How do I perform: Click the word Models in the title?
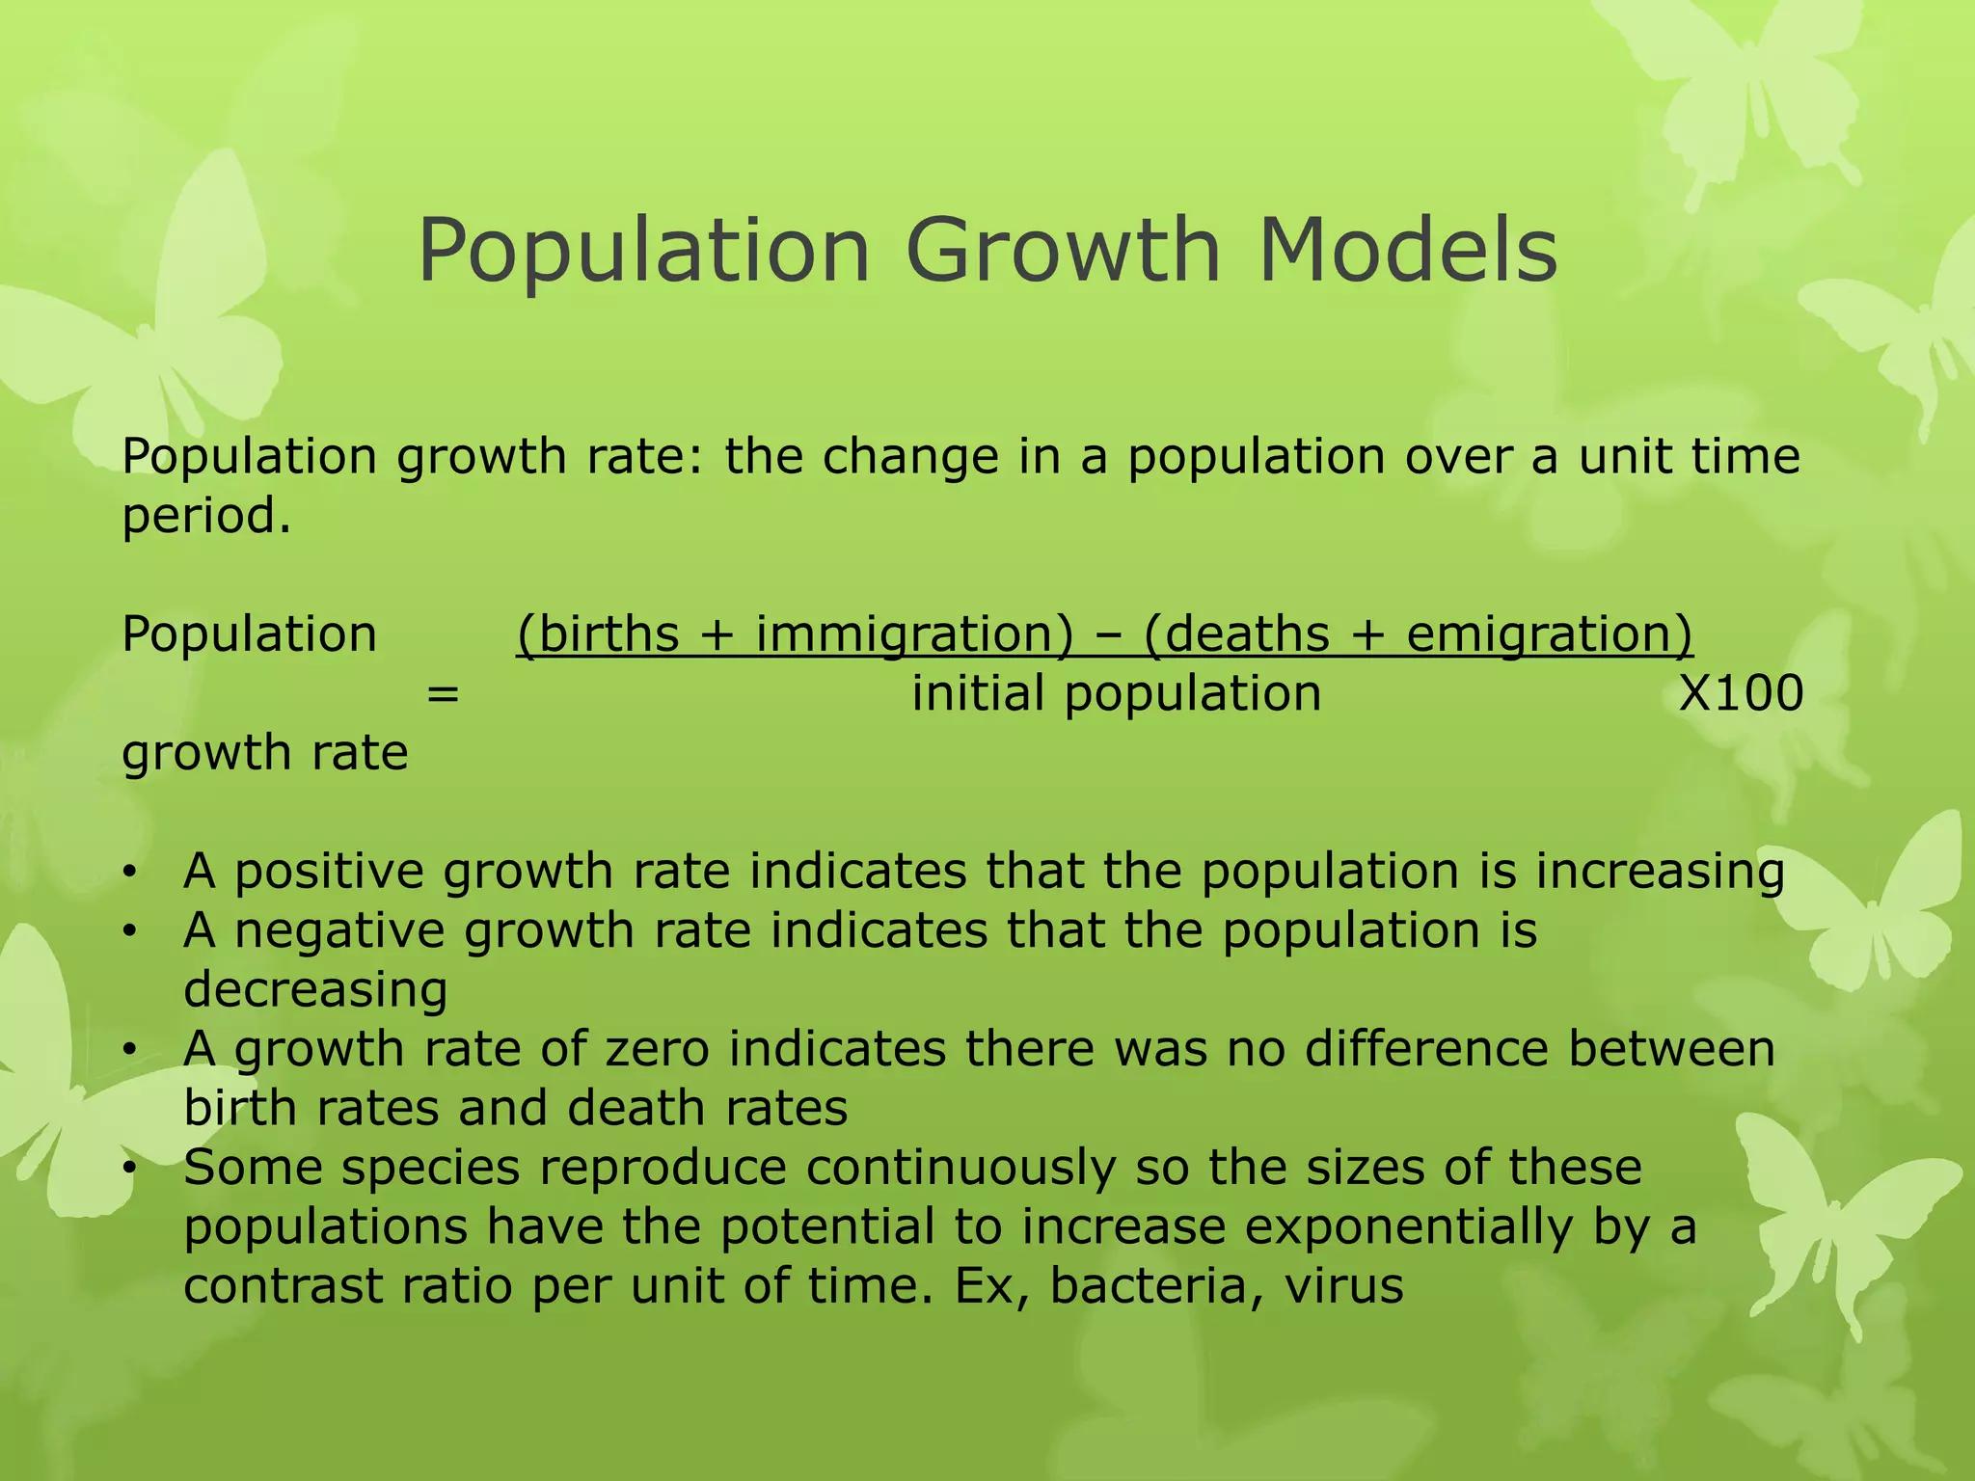coord(1407,251)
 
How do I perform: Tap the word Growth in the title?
coord(1065,251)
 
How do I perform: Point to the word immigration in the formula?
coord(913,635)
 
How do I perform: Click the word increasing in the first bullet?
coord(1660,873)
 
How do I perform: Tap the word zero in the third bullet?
coord(657,1050)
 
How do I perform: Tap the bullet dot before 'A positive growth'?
coord(129,875)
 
